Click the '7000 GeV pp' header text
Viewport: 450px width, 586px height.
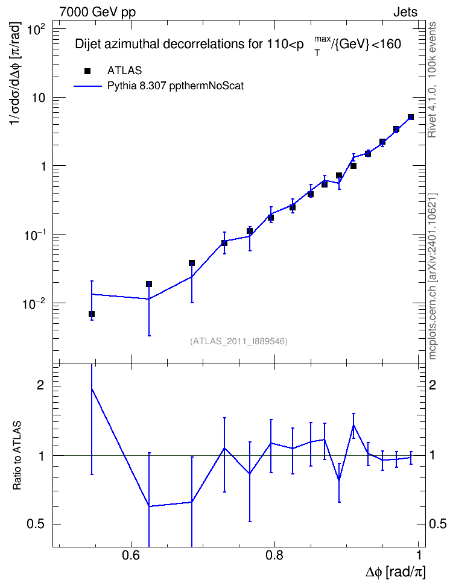click(97, 12)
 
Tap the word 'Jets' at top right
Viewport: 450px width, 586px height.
click(405, 12)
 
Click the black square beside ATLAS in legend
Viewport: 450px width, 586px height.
click(87, 71)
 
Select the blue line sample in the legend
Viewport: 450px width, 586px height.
click(87, 86)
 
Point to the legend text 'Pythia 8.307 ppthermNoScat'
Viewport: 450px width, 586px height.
click(176, 86)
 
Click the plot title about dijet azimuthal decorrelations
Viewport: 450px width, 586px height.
click(238, 45)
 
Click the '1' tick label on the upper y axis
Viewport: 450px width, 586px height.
click(43, 166)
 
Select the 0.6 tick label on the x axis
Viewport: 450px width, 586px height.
click(131, 554)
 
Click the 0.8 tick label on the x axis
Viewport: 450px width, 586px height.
click(274, 554)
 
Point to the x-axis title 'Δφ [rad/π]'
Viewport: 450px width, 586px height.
click(395, 572)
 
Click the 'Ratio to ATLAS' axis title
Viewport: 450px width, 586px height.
click(17, 455)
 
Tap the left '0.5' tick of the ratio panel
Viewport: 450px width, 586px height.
click(36, 525)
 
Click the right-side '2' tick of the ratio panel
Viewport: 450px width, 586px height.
click(433, 385)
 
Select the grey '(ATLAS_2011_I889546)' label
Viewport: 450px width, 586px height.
click(239, 341)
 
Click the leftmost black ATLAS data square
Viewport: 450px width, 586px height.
click(92, 314)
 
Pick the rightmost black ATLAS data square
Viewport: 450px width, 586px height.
click(411, 117)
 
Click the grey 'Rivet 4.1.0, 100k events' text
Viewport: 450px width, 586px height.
click(432, 80)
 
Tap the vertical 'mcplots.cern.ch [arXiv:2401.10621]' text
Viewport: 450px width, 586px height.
click(433, 276)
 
